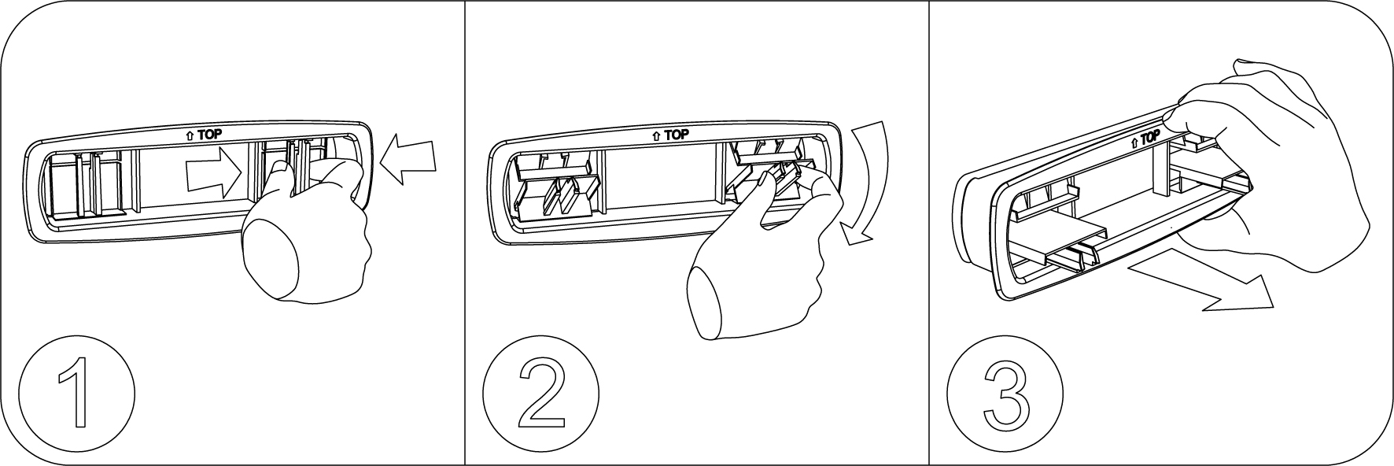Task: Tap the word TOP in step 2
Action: coord(676,135)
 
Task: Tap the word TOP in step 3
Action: coord(1150,137)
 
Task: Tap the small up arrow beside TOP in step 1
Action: coord(190,135)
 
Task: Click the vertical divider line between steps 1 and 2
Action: coord(465,233)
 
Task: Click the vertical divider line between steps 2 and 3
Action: coord(929,233)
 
